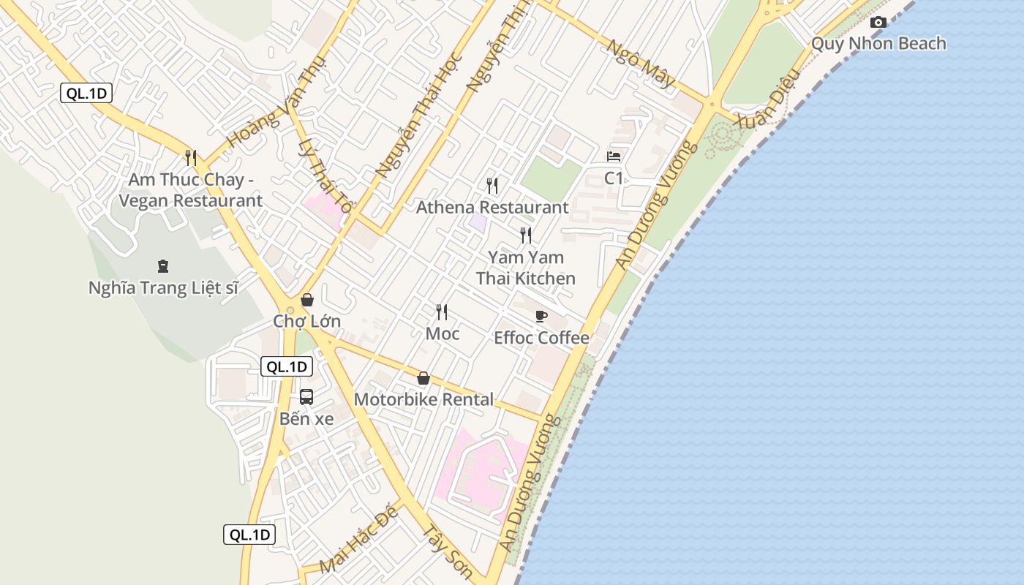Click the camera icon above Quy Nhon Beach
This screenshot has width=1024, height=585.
click(x=878, y=23)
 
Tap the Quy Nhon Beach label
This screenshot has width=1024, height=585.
click(x=878, y=44)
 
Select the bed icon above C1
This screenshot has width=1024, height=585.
click(x=614, y=156)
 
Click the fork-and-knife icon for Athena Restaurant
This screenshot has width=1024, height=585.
click(x=492, y=186)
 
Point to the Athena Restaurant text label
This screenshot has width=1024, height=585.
click(x=492, y=208)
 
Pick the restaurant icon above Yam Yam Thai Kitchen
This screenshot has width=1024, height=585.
click(x=526, y=235)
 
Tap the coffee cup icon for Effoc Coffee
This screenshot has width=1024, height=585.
click(x=541, y=316)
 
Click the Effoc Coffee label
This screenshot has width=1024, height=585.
click(x=541, y=338)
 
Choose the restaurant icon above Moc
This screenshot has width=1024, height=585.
click(x=442, y=312)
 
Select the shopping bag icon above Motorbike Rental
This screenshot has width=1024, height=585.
click(x=423, y=378)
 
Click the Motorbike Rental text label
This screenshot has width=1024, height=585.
click(x=423, y=400)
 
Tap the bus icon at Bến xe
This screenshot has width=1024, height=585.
click(x=306, y=397)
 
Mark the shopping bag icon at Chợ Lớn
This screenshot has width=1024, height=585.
click(x=307, y=300)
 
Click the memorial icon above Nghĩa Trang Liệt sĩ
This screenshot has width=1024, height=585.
click(x=163, y=266)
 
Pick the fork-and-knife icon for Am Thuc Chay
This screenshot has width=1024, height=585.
click(x=191, y=157)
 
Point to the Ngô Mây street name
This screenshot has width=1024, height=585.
click(x=641, y=64)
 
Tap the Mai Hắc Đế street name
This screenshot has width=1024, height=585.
click(x=359, y=539)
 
